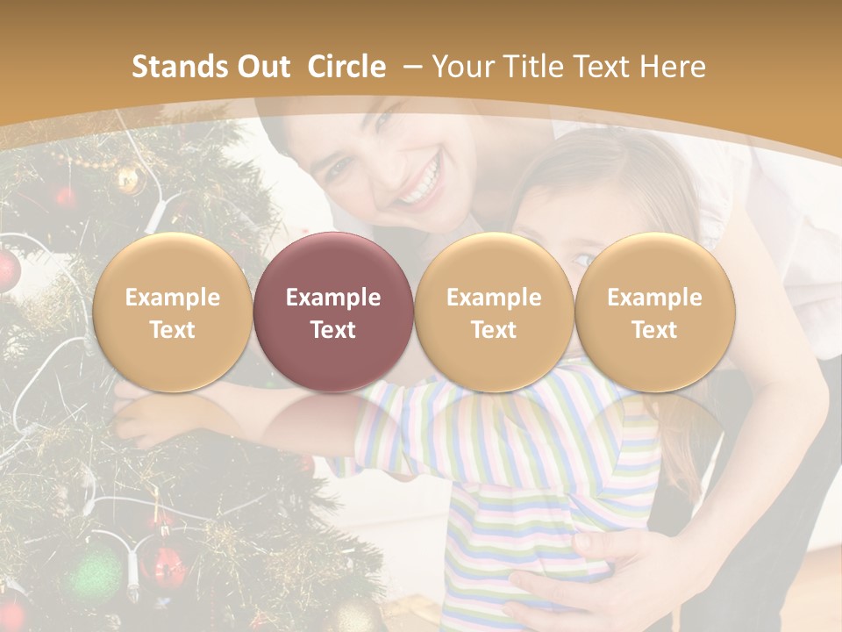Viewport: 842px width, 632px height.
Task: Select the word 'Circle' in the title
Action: pyautogui.click(x=346, y=67)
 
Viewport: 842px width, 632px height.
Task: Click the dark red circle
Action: pyautogui.click(x=333, y=312)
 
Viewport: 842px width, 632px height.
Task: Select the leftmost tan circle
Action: pyautogui.click(x=172, y=312)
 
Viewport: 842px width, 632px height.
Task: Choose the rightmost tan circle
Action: pyautogui.click(x=654, y=312)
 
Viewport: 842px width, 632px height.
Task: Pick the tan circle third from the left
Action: pyautogui.click(x=494, y=312)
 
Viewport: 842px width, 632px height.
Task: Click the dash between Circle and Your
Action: pyautogui.click(x=410, y=67)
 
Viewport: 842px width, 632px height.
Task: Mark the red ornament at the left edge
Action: pyautogui.click(x=7, y=270)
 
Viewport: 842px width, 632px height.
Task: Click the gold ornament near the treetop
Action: pyautogui.click(x=129, y=179)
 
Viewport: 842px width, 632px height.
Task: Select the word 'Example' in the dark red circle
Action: pyautogui.click(x=333, y=298)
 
